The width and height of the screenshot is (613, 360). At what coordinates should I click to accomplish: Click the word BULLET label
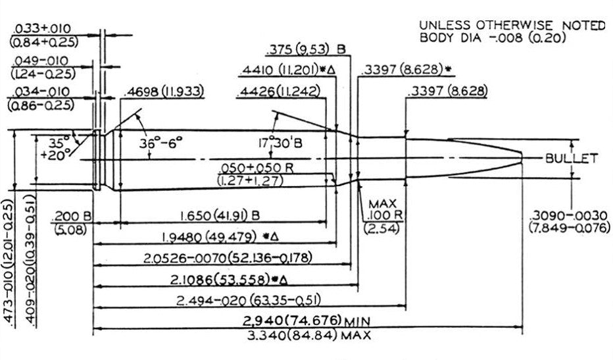click(x=571, y=159)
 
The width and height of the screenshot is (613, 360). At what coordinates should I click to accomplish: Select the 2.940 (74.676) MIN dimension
click(x=298, y=321)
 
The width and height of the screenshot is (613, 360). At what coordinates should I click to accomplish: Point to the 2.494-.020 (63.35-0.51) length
click(x=249, y=301)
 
